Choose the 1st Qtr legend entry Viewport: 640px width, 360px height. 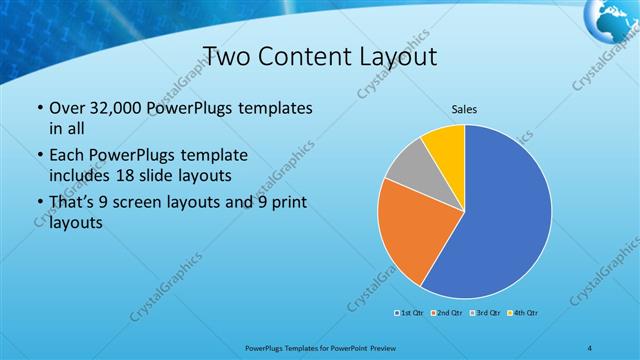[x=408, y=314]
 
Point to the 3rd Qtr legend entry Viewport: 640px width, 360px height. [x=486, y=314]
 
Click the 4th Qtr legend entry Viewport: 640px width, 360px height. [x=524, y=314]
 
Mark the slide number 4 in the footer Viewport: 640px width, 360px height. [x=592, y=347]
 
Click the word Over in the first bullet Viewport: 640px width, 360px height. [x=66, y=107]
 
